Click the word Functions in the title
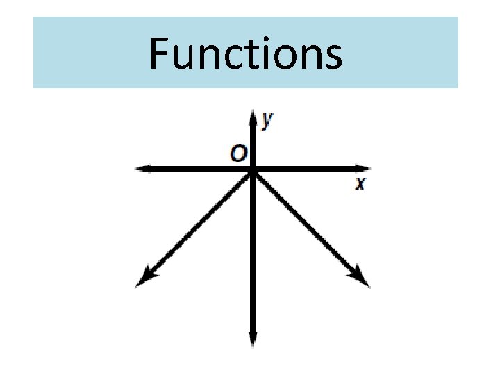tap(245, 53)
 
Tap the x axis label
tap(360, 184)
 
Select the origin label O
tap(238, 153)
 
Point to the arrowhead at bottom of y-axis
tap(253, 340)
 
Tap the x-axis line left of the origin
tap(194, 168)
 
